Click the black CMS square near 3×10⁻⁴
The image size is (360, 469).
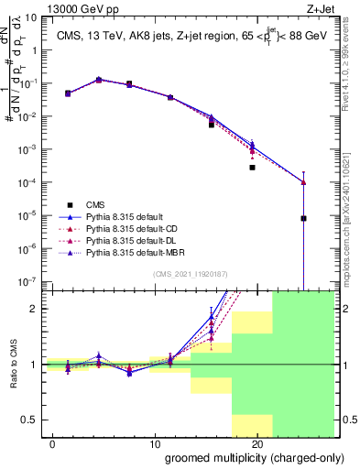(252, 168)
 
